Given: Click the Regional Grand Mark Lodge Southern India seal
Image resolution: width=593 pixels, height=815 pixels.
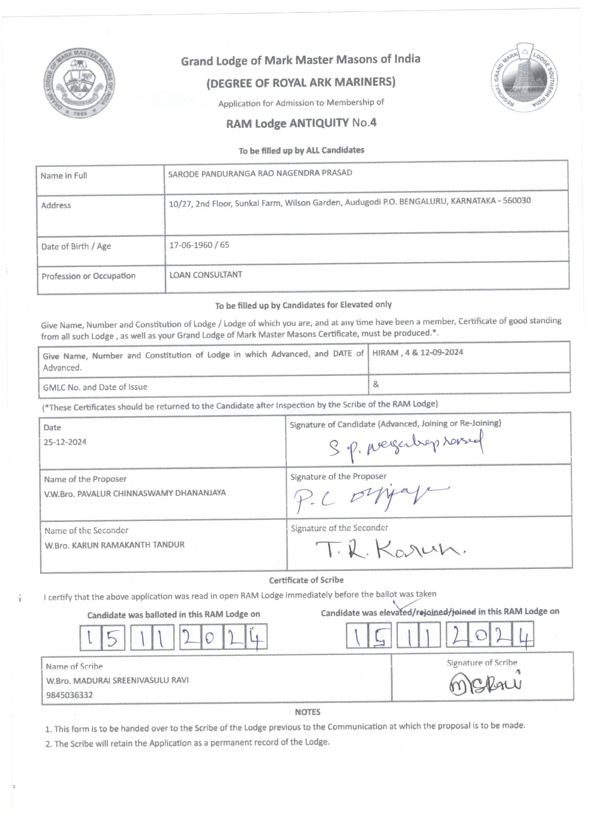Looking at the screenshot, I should pyautogui.click(x=525, y=78).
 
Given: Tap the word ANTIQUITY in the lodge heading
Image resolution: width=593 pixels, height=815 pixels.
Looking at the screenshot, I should pyautogui.click(x=319, y=123).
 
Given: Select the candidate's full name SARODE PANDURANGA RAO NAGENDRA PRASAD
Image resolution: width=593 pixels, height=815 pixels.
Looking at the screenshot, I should pyautogui.click(x=260, y=173).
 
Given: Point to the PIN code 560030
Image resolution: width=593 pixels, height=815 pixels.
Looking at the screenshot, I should pyautogui.click(x=516, y=200).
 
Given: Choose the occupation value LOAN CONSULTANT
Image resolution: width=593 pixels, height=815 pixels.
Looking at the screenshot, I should pyautogui.click(x=206, y=275).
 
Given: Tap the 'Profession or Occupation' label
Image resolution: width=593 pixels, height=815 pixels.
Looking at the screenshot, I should pyautogui.click(x=89, y=276).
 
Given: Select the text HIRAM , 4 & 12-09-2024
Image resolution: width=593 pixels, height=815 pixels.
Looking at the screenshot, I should pyautogui.click(x=418, y=352).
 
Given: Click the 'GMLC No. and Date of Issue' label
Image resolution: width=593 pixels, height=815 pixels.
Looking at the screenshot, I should pyautogui.click(x=95, y=387).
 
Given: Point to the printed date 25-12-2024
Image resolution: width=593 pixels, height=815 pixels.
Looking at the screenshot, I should pyautogui.click(x=65, y=442).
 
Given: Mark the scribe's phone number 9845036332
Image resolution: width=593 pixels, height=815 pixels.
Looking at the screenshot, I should pyautogui.click(x=69, y=695).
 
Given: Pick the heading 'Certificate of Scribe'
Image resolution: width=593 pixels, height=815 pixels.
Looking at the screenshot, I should pyautogui.click(x=306, y=580).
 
